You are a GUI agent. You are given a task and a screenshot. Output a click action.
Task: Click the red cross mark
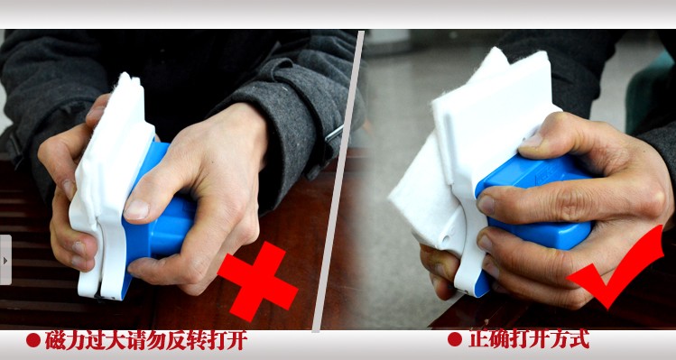(258, 282)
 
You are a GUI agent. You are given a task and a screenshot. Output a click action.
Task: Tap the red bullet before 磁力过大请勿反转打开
(33, 340)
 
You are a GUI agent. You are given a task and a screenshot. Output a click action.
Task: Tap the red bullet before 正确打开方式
(455, 339)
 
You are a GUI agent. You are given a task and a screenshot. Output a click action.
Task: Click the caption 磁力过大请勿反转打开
(146, 340)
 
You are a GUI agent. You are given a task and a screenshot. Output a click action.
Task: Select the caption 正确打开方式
(529, 339)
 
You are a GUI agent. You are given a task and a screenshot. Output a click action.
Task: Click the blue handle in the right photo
(534, 203)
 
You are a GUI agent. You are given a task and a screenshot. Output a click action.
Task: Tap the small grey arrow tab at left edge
(5, 260)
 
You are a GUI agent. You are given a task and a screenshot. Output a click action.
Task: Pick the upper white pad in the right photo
(492, 112)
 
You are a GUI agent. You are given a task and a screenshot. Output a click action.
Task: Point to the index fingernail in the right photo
(486, 205)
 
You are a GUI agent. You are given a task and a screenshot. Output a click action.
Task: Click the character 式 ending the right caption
(579, 339)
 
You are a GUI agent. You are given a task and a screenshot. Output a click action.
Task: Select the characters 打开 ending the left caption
(227, 340)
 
